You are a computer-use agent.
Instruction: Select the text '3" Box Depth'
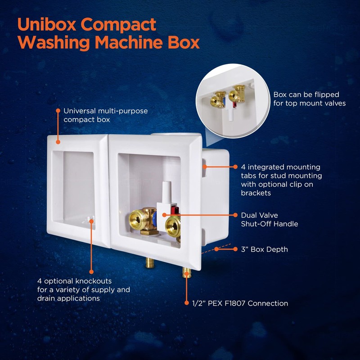click(x=265, y=249)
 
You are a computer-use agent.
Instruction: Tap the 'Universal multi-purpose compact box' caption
click(x=105, y=115)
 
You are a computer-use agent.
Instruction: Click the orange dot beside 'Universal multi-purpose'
click(x=58, y=110)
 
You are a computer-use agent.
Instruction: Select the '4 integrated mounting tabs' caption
click(x=281, y=180)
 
